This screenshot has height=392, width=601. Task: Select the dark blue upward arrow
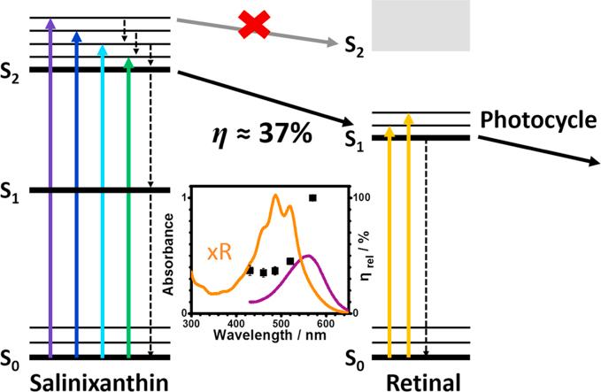click(x=77, y=195)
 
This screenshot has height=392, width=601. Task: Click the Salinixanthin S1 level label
click(x=16, y=190)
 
